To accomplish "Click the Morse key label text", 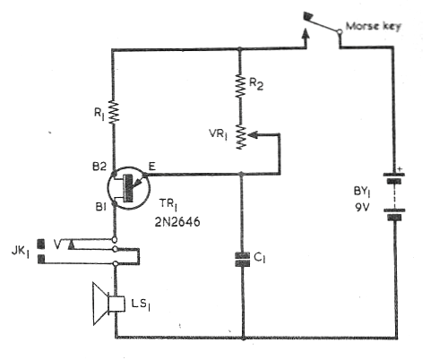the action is [x=374, y=26].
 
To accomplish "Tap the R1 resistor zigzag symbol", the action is [x=114, y=112].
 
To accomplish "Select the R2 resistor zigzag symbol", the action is [x=240, y=86].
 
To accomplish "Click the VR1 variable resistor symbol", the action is [x=241, y=137].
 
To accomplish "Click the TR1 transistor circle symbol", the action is [x=129, y=188].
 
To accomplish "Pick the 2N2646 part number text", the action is [x=177, y=222].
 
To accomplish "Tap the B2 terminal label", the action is [x=99, y=167].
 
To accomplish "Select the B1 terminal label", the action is [x=100, y=206].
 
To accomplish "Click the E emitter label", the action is [x=152, y=166].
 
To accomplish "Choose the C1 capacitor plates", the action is [x=242, y=259].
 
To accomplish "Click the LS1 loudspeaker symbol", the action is [x=108, y=304].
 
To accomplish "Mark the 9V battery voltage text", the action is [x=362, y=207].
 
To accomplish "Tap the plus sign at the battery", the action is [x=401, y=169].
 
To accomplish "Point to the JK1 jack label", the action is [x=21, y=252].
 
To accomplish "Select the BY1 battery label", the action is [x=362, y=192].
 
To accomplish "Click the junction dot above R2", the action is [x=239, y=49].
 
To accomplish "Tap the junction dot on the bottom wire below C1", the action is [x=243, y=338].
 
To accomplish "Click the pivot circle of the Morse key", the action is [x=340, y=31].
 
